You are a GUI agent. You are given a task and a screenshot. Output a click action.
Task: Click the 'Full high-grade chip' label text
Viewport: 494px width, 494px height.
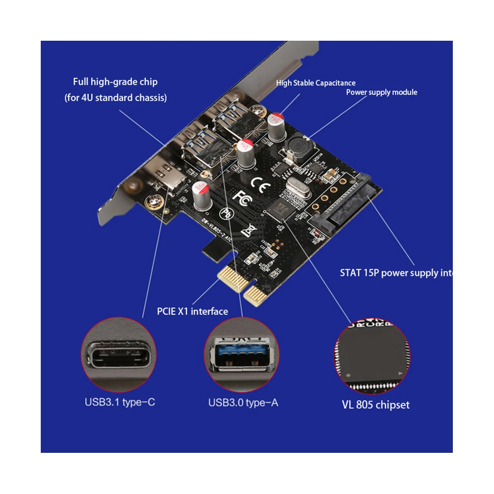click(x=115, y=82)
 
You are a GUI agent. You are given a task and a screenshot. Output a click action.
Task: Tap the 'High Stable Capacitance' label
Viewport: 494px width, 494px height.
click(x=316, y=83)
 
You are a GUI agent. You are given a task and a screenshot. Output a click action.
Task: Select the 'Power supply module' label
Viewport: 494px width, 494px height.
click(x=382, y=92)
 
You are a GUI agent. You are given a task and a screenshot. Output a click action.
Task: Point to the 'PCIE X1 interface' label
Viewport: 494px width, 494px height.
click(x=192, y=311)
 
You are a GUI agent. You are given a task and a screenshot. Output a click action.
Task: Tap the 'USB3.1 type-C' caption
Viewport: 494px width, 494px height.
click(x=120, y=402)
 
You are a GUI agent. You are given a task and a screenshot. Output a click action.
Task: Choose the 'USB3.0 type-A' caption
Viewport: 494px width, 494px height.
click(x=243, y=403)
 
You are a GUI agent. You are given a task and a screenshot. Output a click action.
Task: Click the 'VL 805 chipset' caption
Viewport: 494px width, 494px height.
click(x=375, y=405)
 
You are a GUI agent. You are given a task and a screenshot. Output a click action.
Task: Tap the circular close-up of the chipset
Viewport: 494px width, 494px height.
click(x=372, y=355)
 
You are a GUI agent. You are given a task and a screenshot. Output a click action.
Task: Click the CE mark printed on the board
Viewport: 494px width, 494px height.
click(x=260, y=184)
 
